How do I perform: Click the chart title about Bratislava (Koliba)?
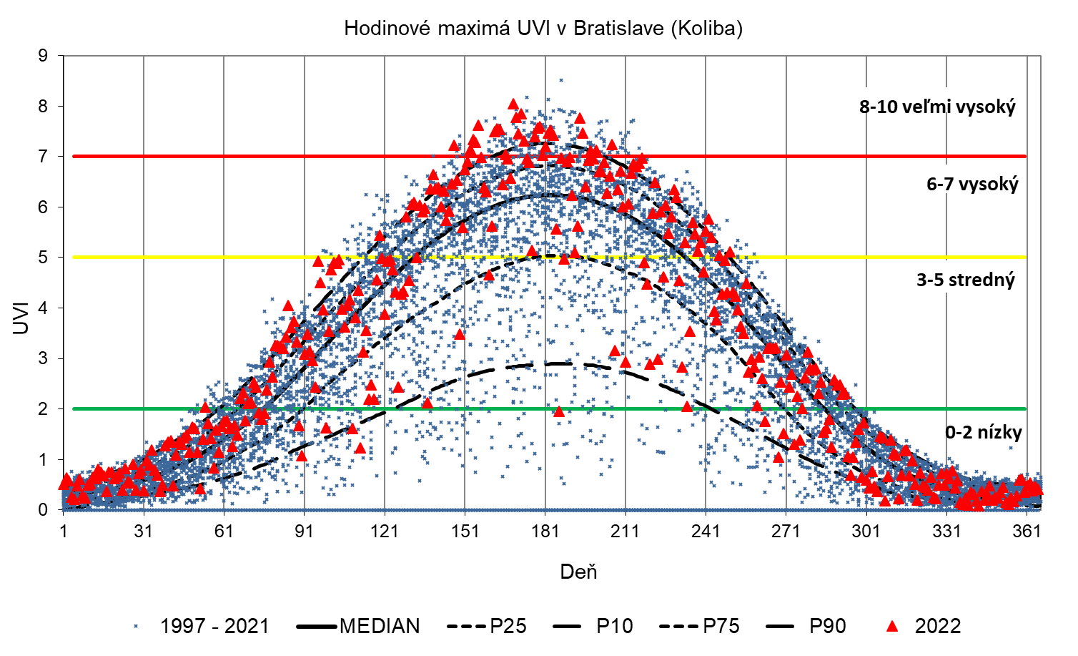(x=543, y=29)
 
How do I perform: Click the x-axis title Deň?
(x=578, y=572)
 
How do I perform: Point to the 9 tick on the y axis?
(x=44, y=56)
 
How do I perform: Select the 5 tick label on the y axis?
(x=44, y=258)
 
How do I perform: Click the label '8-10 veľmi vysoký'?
(x=937, y=107)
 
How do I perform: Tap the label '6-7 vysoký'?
(x=972, y=185)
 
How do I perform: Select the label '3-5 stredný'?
(x=966, y=280)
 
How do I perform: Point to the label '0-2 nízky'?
(x=984, y=432)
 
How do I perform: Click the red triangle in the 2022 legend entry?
(x=891, y=627)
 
